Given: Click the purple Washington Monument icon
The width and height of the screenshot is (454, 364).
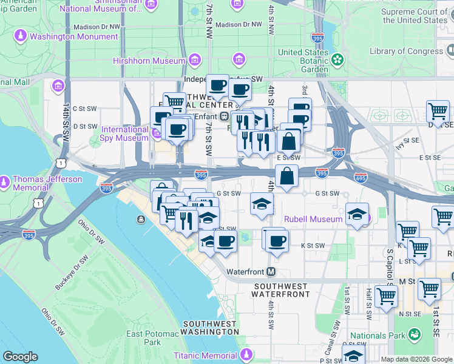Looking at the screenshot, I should [x=21, y=36].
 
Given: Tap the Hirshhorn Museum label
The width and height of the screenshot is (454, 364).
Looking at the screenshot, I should [x=149, y=61].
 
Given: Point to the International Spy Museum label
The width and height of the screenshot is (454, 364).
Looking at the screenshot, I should [x=124, y=133].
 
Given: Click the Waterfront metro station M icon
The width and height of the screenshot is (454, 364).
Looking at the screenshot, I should [x=271, y=271].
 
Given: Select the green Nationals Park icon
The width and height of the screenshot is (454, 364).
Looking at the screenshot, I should [x=414, y=335].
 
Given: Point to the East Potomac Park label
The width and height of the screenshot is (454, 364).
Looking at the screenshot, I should [x=144, y=338].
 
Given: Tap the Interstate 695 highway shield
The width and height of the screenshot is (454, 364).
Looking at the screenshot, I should [x=361, y=178].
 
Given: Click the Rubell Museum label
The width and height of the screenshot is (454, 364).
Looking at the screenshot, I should [x=313, y=219].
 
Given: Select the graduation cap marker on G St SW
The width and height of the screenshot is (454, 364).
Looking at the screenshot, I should [x=262, y=203].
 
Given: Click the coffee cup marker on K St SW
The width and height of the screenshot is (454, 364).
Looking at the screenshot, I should [x=275, y=238].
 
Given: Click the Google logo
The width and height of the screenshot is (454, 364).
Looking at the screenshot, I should [x=20, y=357].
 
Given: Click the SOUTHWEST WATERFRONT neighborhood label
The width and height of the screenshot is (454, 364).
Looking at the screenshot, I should [x=282, y=290].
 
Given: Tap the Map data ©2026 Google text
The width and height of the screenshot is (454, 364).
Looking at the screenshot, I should [x=416, y=359].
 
